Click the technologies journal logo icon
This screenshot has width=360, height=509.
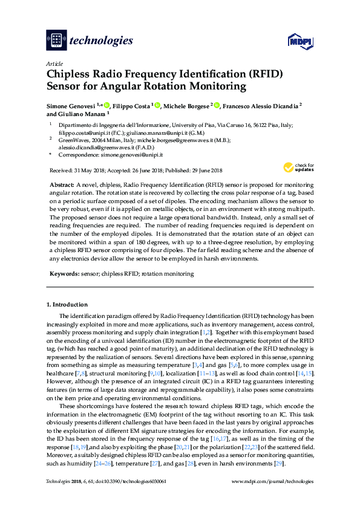tap(56, 41)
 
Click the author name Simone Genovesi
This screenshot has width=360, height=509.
tap(72, 106)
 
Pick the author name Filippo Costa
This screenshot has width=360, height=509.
tap(131, 106)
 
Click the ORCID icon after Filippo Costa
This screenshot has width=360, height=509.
tap(157, 106)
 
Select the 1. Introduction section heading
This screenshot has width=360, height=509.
tap(67, 304)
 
